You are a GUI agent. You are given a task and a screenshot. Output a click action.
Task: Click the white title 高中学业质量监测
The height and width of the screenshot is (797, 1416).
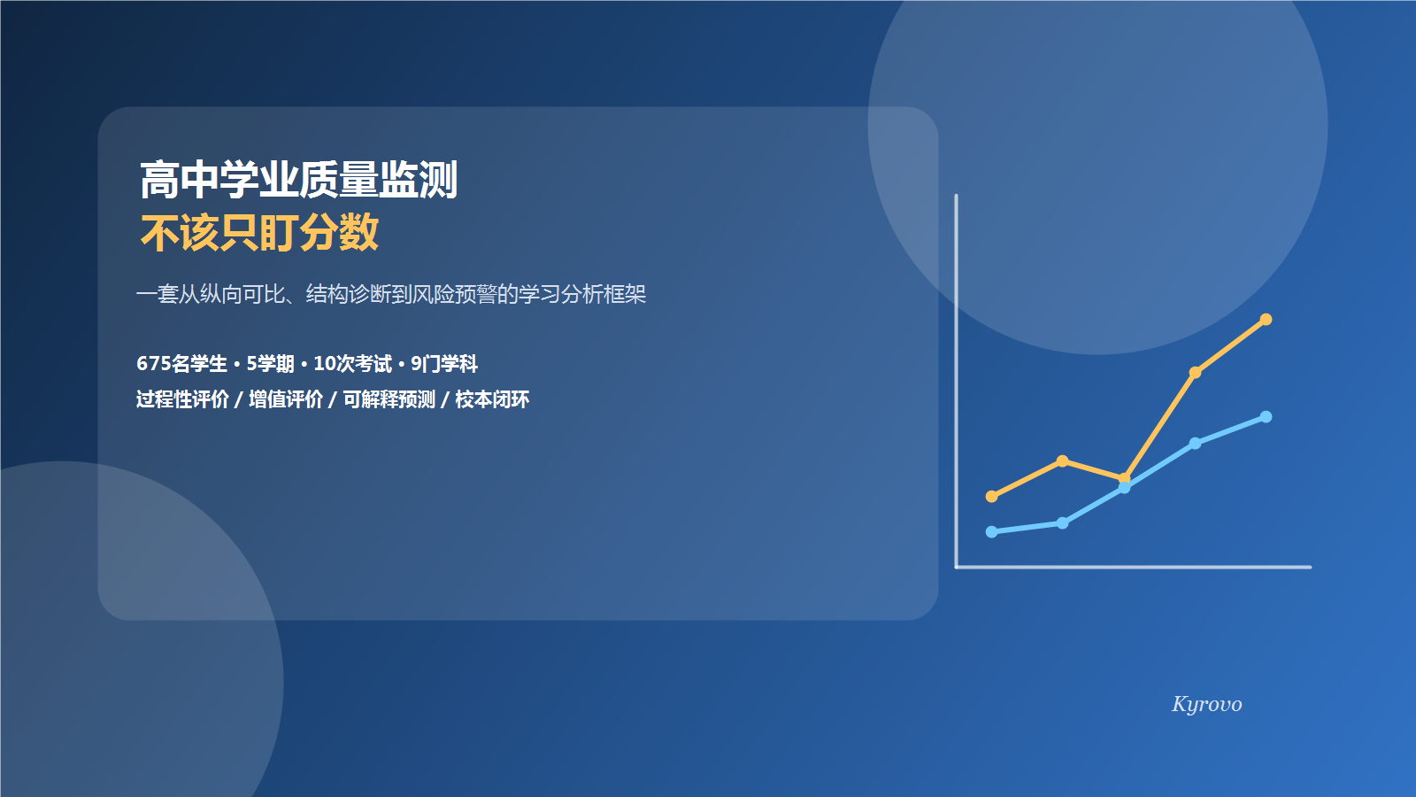298,180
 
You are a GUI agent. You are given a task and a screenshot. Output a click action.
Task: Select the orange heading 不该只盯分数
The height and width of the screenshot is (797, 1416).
259,233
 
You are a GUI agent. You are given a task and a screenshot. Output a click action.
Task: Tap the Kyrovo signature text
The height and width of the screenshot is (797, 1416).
1206,704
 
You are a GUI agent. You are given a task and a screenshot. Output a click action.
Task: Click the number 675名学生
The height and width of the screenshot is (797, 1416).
181,364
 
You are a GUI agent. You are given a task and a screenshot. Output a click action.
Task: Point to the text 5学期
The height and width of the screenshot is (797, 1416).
270,364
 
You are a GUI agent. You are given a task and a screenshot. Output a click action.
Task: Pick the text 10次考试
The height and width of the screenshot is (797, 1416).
352,364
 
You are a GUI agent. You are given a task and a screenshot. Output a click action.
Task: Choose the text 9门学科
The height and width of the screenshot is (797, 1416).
444,364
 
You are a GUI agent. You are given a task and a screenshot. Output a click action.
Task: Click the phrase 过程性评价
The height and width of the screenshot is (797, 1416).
182,399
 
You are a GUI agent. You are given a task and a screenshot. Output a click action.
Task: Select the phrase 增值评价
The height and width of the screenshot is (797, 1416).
286,399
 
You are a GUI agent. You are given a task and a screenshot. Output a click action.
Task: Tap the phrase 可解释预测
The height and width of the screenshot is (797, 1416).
389,399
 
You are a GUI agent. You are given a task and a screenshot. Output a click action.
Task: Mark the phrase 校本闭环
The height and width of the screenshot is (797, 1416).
492,399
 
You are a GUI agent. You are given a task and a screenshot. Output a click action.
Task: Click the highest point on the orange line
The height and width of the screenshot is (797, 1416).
1266,320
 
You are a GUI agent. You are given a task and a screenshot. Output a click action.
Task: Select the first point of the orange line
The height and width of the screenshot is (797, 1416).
991,497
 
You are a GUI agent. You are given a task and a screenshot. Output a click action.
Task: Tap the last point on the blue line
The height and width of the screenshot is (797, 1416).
1266,417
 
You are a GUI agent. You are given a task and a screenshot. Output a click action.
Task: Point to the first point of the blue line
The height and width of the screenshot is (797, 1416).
991,532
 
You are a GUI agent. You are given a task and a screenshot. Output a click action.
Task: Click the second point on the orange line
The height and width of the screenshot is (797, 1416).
1062,461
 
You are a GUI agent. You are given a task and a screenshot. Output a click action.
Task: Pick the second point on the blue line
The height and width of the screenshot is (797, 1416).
1062,523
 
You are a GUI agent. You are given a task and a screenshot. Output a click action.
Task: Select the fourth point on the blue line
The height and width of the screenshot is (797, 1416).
1195,444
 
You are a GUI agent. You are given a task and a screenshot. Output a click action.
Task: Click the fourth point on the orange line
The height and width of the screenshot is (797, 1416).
1195,373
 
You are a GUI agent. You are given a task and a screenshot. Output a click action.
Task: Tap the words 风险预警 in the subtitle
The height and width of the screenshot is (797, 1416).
454,294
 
